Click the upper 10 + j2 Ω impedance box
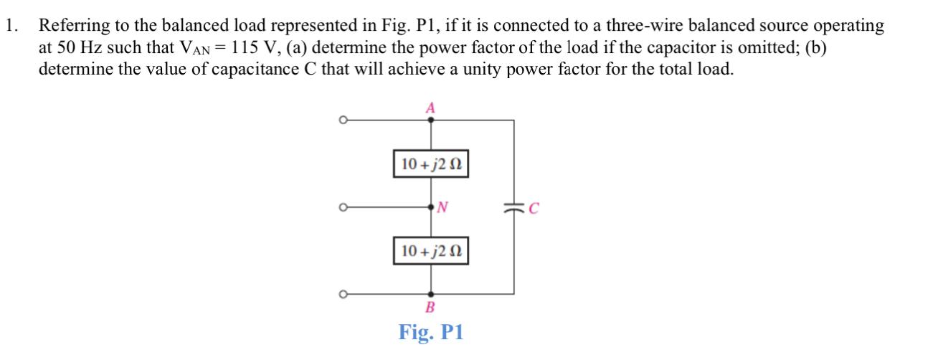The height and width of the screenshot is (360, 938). (431, 164)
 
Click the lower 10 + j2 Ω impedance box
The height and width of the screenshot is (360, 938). (431, 251)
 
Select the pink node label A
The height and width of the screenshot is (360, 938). (430, 108)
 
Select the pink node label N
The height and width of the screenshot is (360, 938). (442, 208)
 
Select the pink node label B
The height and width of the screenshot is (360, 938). (430, 308)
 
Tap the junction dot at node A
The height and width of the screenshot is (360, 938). (430, 120)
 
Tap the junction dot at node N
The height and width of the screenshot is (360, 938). (430, 208)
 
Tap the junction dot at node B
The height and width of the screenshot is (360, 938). (430, 293)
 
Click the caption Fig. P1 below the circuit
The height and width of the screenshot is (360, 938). (431, 333)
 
